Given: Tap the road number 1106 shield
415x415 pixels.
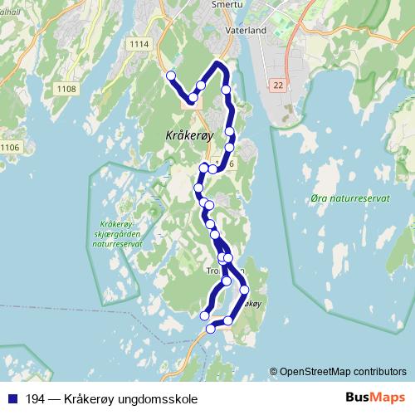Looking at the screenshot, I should click(x=9, y=148).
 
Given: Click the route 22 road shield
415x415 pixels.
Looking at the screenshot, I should click(x=277, y=85).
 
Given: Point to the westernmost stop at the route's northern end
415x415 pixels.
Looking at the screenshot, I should click(x=171, y=76).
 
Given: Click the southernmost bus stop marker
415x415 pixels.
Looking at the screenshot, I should click(x=211, y=329).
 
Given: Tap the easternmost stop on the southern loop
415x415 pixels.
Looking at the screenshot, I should click(x=245, y=290).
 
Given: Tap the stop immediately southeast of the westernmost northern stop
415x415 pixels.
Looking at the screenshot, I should click(x=193, y=98).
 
